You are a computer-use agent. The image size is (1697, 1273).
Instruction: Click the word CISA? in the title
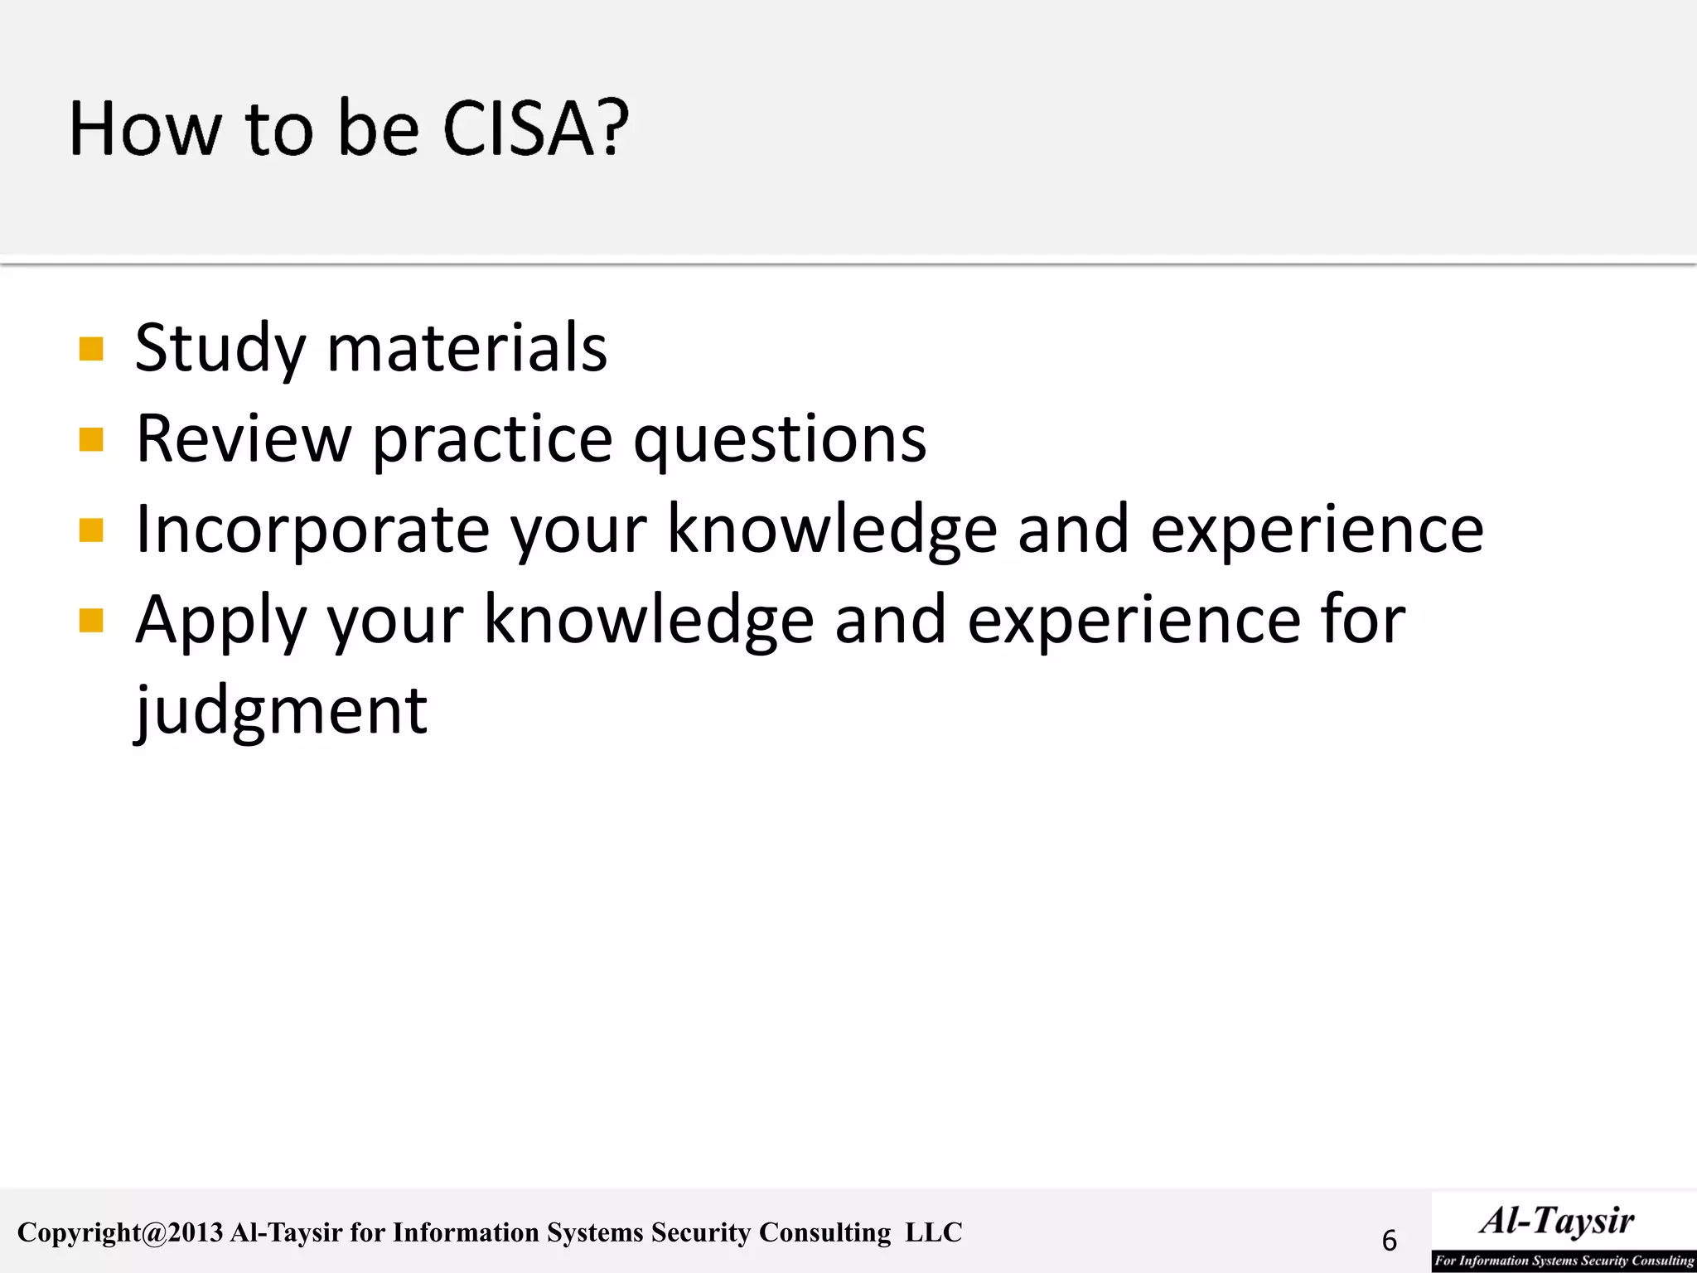pos(535,128)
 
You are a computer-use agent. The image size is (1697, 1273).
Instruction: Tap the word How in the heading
pos(146,128)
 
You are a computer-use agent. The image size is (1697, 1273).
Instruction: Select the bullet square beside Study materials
pos(91,349)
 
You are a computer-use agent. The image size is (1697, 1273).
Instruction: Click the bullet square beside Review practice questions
pos(91,439)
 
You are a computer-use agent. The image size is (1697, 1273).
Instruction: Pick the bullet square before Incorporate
pos(91,530)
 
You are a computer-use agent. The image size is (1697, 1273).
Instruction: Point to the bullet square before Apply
pos(91,620)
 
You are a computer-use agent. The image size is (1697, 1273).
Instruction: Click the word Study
pos(220,349)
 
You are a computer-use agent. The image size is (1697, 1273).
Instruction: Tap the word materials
pos(467,347)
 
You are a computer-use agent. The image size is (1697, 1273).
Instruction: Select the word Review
pos(244,438)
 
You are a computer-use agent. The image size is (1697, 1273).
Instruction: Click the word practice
pos(492,440)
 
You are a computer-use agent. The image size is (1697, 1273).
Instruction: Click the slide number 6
pos(1390,1241)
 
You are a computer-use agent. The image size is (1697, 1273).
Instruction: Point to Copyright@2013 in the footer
pos(120,1232)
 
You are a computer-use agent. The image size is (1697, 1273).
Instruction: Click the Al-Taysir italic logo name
pos(1557,1221)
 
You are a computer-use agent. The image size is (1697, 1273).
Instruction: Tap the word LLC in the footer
pos(934,1232)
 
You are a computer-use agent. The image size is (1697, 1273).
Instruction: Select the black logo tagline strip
pos(1564,1261)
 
